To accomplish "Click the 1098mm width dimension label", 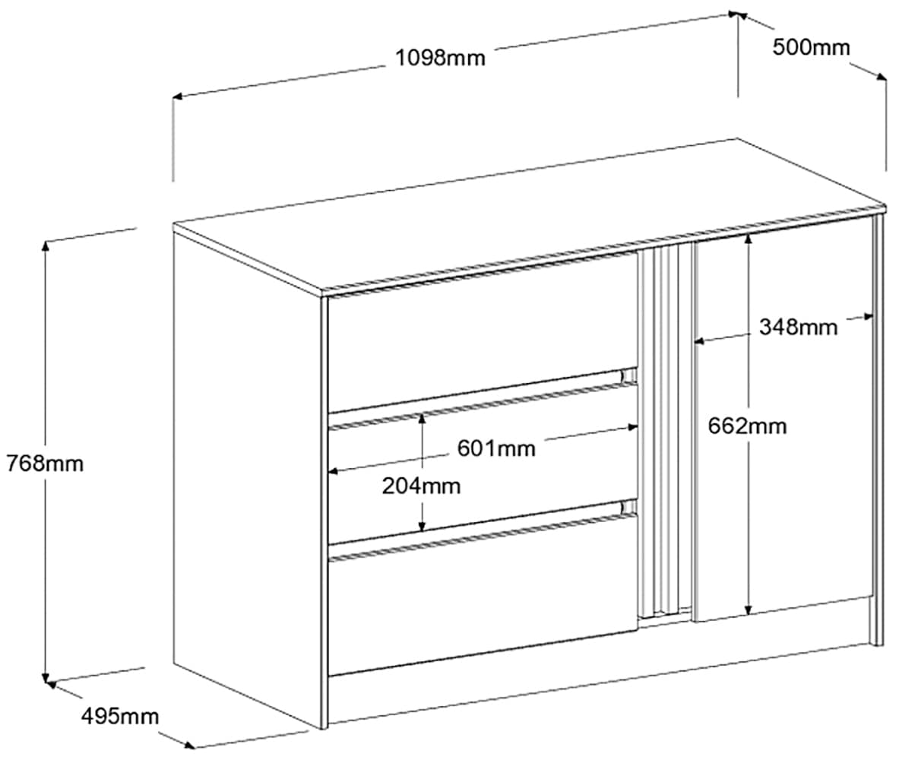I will click(x=440, y=58).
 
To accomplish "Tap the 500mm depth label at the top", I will click(x=811, y=47).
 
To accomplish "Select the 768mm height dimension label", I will click(x=44, y=463).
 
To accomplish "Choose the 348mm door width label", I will click(x=798, y=328).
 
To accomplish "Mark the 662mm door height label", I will click(x=747, y=426).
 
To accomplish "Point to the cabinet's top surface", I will click(x=532, y=217).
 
